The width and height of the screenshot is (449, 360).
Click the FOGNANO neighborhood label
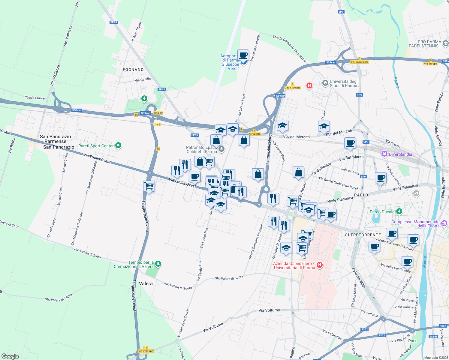(x=133, y=70)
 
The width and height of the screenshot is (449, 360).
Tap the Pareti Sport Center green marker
(x=118, y=146)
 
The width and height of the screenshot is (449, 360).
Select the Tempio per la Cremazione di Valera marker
(x=158, y=264)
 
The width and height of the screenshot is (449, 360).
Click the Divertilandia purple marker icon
(x=384, y=154)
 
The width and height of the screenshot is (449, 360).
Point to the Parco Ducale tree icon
(x=399, y=211)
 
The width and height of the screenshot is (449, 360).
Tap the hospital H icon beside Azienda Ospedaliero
(x=320, y=265)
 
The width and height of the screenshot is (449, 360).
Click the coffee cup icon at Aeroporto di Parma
(x=243, y=55)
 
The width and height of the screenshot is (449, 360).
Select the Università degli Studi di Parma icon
(x=325, y=83)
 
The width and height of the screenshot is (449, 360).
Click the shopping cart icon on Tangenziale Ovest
(x=149, y=186)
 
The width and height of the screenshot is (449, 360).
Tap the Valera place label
(x=146, y=283)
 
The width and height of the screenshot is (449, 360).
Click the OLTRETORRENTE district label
(x=363, y=235)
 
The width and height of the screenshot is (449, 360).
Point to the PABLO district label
(x=361, y=195)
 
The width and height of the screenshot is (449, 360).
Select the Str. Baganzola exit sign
(x=359, y=62)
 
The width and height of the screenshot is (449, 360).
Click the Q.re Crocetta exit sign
(x=292, y=88)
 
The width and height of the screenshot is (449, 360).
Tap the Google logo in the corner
(x=10, y=356)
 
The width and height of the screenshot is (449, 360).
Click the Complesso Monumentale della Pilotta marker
(x=444, y=223)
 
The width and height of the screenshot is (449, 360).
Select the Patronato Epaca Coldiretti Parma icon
(x=221, y=149)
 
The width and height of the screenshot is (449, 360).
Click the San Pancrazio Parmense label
(x=56, y=139)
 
